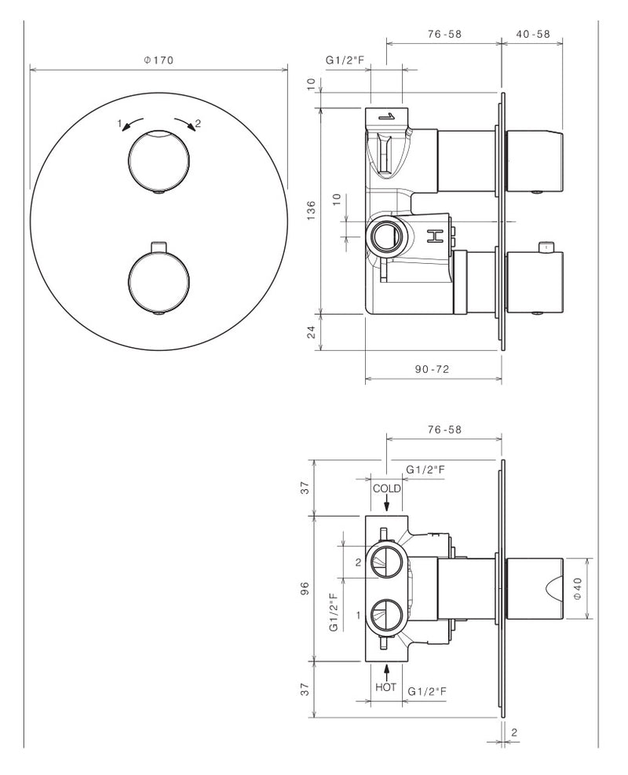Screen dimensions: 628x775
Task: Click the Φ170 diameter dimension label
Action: tap(159, 60)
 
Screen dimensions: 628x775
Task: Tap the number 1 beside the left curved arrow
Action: tap(119, 123)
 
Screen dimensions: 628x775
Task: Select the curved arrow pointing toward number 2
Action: tap(184, 122)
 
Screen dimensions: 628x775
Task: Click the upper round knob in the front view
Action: tap(158, 162)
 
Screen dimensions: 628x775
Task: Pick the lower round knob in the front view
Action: tap(158, 282)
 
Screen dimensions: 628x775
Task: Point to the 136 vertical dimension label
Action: tap(311, 210)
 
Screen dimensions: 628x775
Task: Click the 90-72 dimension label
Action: tap(433, 369)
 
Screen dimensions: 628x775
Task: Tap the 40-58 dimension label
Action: tap(533, 34)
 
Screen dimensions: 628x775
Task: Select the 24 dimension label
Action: tap(311, 332)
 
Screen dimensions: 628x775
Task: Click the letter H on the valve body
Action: tap(434, 236)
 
